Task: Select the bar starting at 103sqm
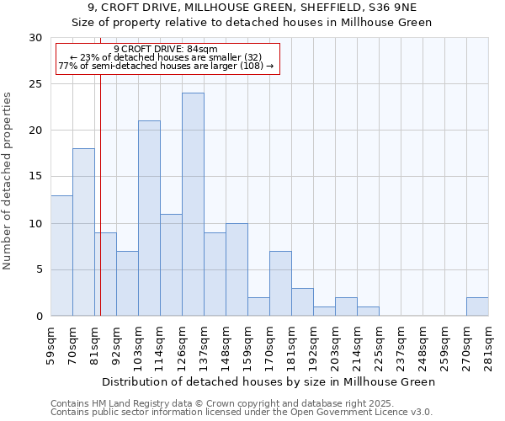[x=149, y=218]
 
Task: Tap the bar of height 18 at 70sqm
[x=83, y=232]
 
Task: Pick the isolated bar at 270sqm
[x=477, y=306]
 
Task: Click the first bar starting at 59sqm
[x=61, y=255]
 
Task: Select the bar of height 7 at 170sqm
[x=280, y=284]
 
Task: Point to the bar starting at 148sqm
[x=237, y=269]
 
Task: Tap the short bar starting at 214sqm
[x=368, y=312]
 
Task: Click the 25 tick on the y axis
[x=37, y=84]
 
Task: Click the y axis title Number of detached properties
[x=8, y=181]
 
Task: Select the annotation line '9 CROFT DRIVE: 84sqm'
[x=166, y=49]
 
